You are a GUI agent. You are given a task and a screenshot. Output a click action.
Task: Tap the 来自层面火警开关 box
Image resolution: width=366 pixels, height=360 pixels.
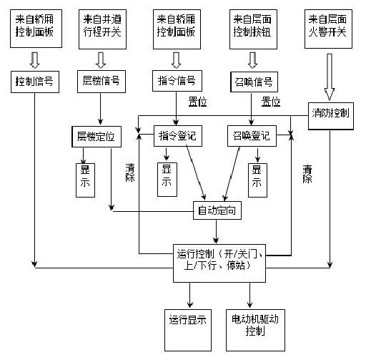click(x=329, y=27)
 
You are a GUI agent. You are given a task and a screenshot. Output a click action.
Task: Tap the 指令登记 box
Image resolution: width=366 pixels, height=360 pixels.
click(x=174, y=135)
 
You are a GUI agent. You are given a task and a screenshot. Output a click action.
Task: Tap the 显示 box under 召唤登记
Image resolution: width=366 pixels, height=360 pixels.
click(x=256, y=176)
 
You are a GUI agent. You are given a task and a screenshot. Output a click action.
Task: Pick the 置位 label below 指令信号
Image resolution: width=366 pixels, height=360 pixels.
click(x=197, y=102)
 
